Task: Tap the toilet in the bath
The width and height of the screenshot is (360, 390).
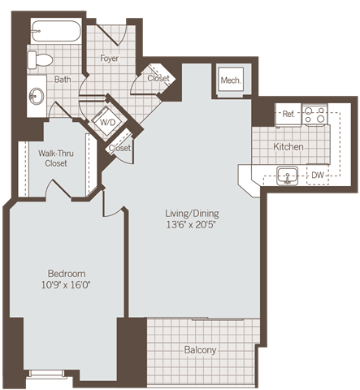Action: point(40,59)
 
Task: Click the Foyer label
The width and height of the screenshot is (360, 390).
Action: point(110,58)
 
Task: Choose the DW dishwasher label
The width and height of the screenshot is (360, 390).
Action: point(318,175)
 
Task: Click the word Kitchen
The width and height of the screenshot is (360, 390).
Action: point(288,147)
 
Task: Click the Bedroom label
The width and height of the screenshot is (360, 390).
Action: point(66,274)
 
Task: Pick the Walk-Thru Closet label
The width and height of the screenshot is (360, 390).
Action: point(52,158)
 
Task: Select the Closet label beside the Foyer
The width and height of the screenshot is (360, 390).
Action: point(158,78)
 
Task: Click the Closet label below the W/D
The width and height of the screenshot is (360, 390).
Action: point(120,149)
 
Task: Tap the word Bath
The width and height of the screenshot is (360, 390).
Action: point(63,80)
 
